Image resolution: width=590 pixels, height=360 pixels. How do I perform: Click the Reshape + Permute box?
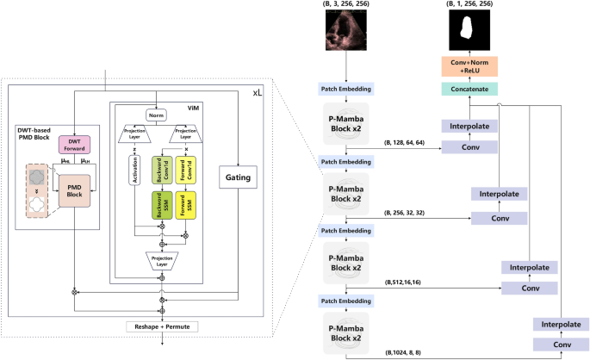[161, 327]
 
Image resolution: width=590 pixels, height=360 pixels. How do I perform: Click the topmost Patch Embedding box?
[344, 90]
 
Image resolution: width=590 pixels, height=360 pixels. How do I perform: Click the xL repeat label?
[258, 91]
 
